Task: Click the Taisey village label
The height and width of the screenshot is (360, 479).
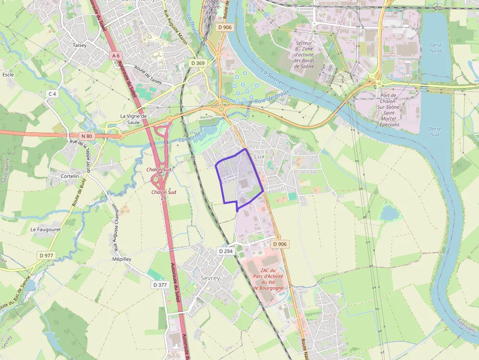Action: coord(80,45)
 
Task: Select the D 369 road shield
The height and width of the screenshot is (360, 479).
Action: coord(198,63)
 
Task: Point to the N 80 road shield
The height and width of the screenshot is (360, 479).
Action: coord(87,136)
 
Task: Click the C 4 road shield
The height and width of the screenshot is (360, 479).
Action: coord(52,93)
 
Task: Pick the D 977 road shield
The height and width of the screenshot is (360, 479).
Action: coord(46,255)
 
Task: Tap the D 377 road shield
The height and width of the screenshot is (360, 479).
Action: coord(160,285)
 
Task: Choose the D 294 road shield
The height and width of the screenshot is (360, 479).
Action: coord(226,251)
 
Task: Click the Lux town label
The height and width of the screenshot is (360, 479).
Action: coord(259,156)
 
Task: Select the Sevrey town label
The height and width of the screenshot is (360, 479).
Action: coord(210,278)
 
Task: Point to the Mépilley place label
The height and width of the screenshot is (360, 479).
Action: coord(122,259)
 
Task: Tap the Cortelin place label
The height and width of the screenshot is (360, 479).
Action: coord(70,176)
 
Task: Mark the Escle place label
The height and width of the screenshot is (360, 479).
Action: coord(8,75)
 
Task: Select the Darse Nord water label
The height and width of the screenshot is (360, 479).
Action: coord(435,48)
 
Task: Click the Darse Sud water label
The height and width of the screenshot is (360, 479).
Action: coord(435,131)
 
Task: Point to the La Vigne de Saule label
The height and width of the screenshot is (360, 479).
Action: coord(133,119)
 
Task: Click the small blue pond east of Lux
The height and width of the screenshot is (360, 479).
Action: coord(389,213)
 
